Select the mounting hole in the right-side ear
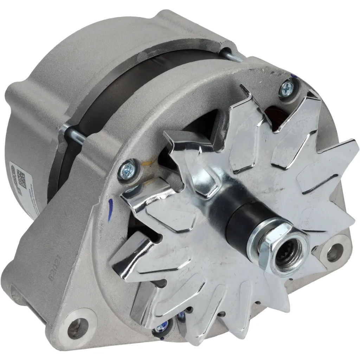[334, 252]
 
